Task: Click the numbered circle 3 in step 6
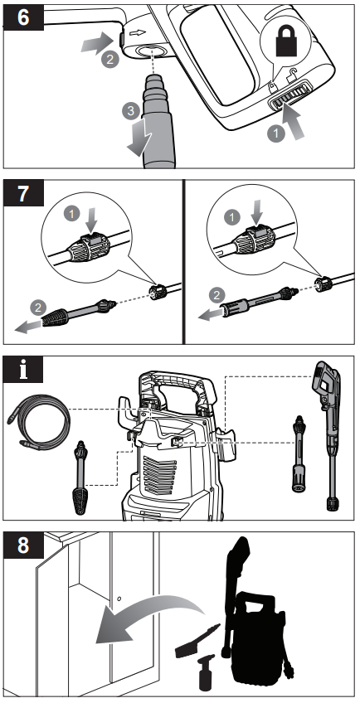pyautogui.click(x=130, y=110)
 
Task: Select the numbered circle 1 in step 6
pyautogui.click(x=276, y=133)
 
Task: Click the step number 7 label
pyautogui.click(x=23, y=193)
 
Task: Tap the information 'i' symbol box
pyautogui.click(x=23, y=370)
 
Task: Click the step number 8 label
pyautogui.click(x=23, y=545)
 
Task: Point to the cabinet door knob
pyautogui.click(x=119, y=598)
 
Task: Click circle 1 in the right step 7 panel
pyautogui.click(x=231, y=217)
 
